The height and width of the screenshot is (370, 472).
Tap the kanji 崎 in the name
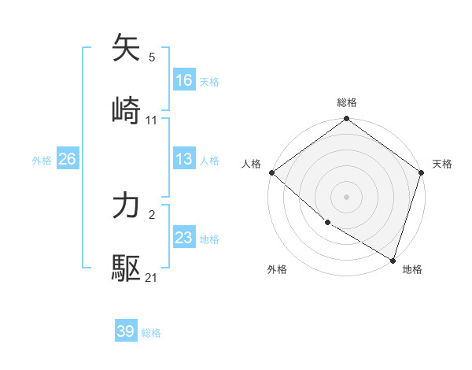[x=127, y=110]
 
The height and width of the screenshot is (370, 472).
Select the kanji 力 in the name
[x=127, y=206]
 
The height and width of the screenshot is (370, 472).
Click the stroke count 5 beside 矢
[x=152, y=57]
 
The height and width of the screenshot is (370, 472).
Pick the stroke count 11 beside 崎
[x=152, y=120]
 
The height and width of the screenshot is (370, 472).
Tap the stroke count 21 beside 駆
[x=152, y=278]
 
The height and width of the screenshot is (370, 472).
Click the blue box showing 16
[x=184, y=80]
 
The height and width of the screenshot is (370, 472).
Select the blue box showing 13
[x=184, y=158]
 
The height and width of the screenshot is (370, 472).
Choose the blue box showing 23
[x=184, y=238]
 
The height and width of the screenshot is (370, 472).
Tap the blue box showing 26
[x=67, y=159]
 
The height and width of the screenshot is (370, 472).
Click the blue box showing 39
[x=126, y=331]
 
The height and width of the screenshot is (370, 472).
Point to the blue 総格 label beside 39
[x=151, y=333]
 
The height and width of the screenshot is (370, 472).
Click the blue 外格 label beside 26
[x=42, y=160]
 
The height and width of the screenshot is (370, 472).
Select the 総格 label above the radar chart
[x=347, y=102]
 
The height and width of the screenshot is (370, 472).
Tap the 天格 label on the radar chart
[x=442, y=164]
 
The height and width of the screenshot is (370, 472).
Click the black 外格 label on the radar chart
[x=277, y=269]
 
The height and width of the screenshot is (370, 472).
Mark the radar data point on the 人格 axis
[x=271, y=172]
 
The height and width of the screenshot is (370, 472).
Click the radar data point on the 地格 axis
[x=393, y=260]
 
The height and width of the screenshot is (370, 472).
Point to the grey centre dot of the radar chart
[x=347, y=197]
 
